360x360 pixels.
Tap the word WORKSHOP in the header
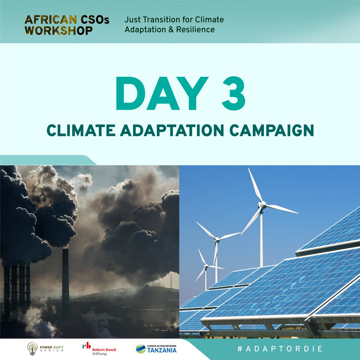[x=59, y=30]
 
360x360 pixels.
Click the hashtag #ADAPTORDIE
[x=279, y=349]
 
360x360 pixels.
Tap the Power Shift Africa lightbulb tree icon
[x=32, y=349]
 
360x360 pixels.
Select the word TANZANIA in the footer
[x=162, y=350]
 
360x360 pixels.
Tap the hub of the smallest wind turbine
[x=206, y=266]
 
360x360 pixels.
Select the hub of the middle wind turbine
[x=217, y=240]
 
